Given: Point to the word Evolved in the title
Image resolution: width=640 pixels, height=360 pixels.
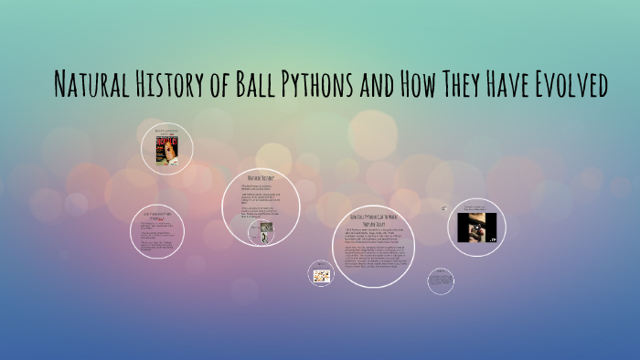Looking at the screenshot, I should coord(567,86).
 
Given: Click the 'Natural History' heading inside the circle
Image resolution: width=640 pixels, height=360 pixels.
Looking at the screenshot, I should coord(261,175).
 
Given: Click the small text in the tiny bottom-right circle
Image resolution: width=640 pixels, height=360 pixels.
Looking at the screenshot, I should coord(440,281).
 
